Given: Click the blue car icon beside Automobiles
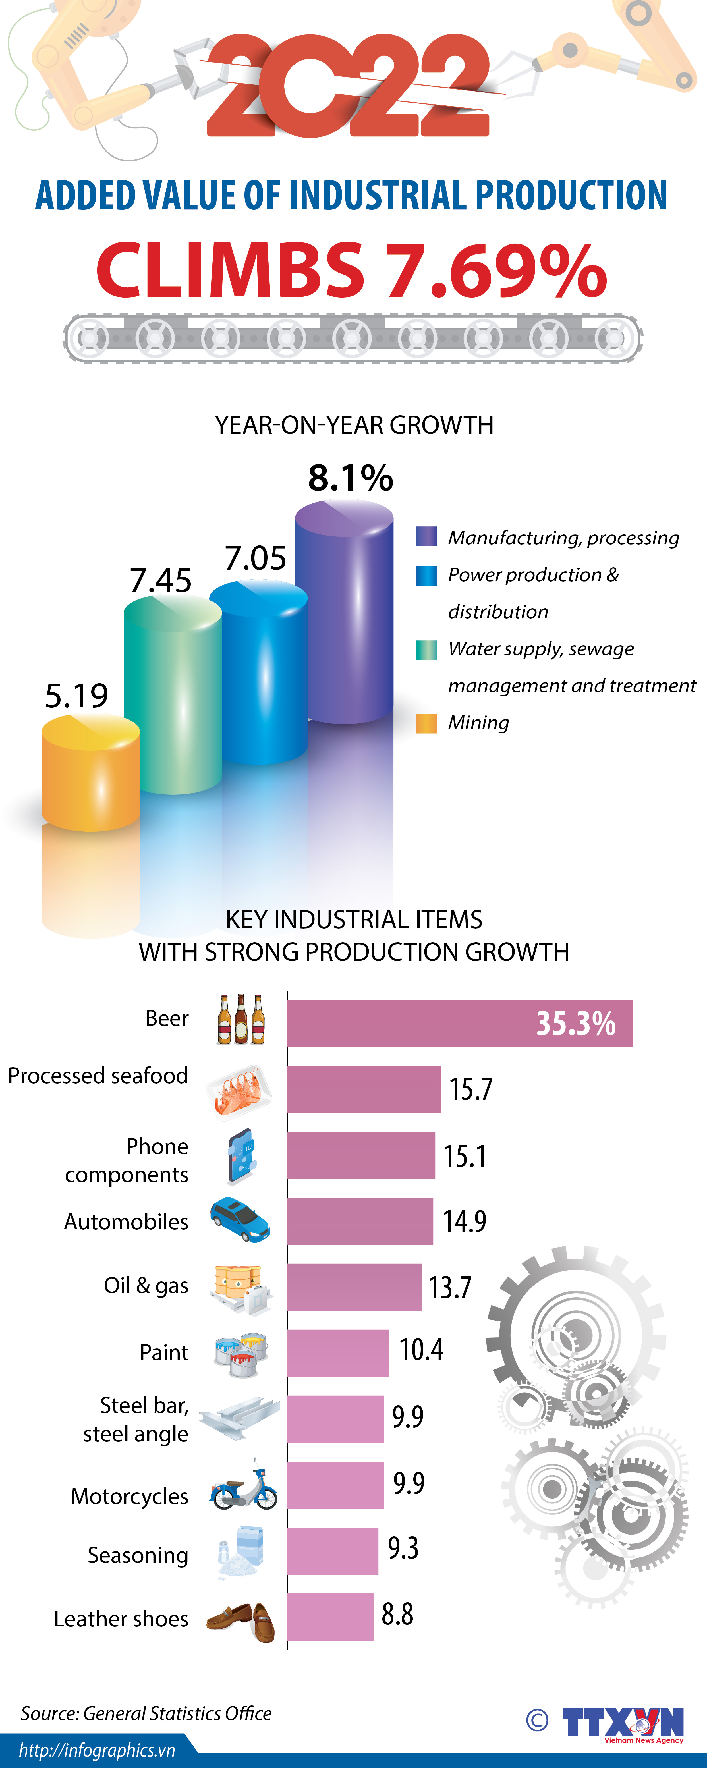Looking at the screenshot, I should [240, 1220].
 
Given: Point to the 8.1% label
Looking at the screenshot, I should [350, 478].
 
